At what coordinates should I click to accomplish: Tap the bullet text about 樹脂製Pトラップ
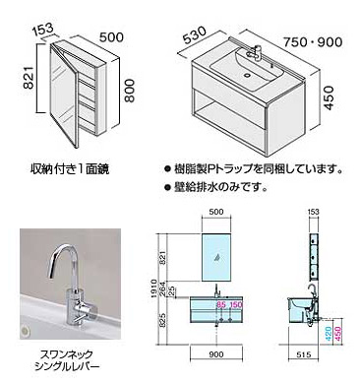tap(260, 168)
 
